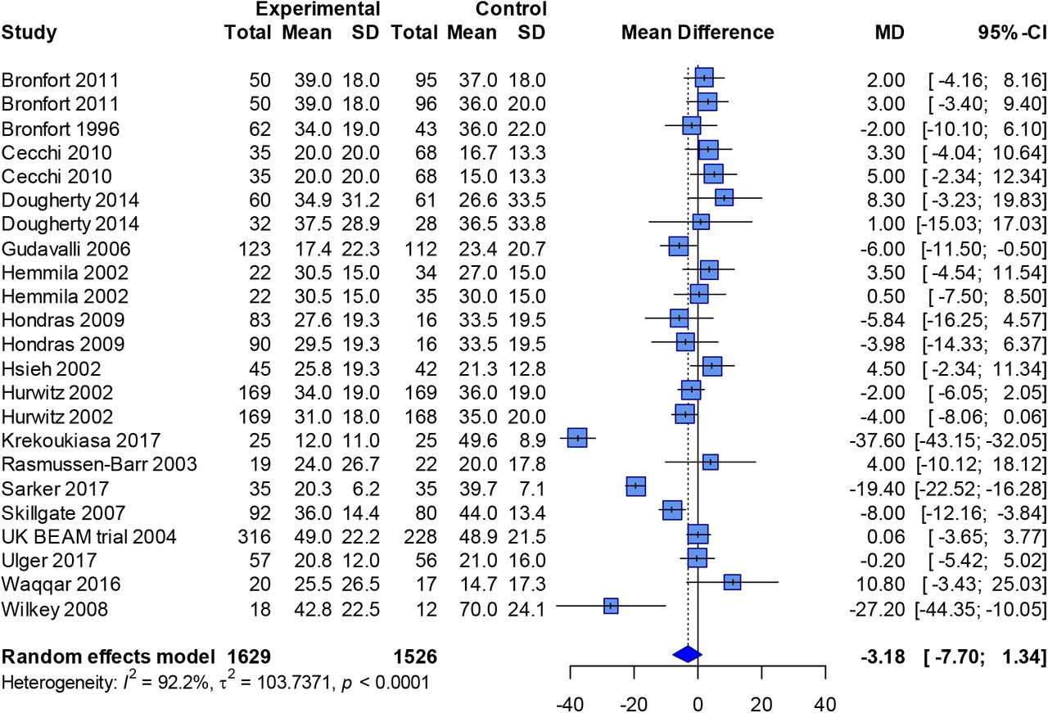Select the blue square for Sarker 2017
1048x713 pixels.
pos(635,486)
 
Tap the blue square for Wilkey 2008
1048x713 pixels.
pos(611,606)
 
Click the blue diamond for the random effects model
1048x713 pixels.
pos(688,653)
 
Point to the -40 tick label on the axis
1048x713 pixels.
pos(570,702)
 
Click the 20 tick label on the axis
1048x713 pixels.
pos(762,702)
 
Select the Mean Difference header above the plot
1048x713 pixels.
pos(698,33)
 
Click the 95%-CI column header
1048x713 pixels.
pos(1007,33)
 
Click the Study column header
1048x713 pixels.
pos(29,33)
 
